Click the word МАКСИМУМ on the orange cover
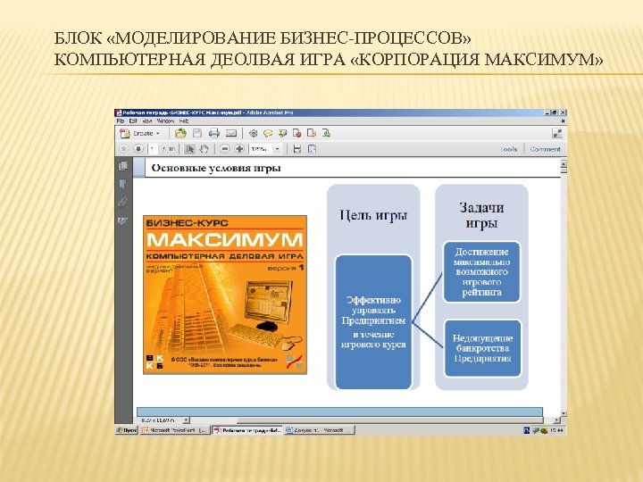tap(224, 240)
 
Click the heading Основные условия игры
tap(215, 168)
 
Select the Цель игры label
tap(374, 214)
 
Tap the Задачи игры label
tap(481, 215)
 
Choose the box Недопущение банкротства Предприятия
tap(482, 348)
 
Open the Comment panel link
tap(545, 149)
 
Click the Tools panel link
tap(509, 149)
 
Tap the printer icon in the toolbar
tap(213, 133)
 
